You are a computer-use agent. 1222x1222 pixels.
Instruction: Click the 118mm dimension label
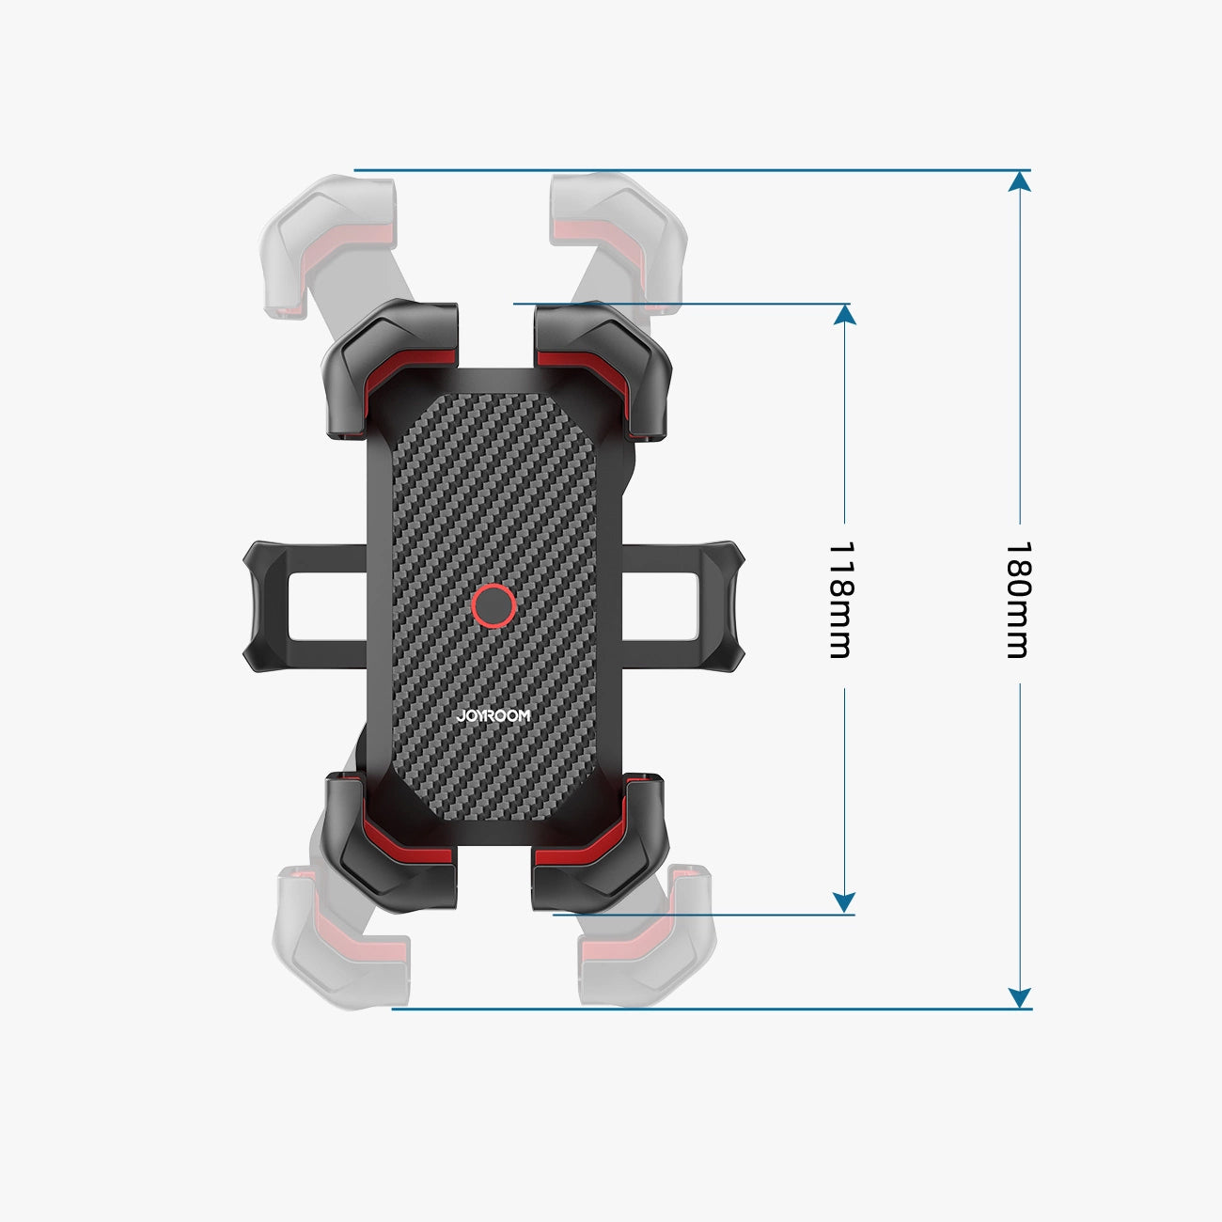click(839, 600)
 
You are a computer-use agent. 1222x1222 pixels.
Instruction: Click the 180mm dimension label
click(1018, 600)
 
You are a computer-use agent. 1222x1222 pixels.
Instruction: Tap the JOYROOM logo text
click(493, 715)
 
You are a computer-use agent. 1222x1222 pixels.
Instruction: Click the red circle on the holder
click(493, 606)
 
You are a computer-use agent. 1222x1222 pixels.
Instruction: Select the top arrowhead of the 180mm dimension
click(1019, 180)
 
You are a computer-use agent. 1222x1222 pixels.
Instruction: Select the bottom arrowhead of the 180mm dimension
click(1019, 998)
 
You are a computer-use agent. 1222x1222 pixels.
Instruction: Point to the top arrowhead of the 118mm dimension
click(844, 314)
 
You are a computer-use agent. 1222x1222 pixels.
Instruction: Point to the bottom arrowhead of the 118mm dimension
click(844, 902)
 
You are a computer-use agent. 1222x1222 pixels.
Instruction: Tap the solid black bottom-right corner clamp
click(602, 841)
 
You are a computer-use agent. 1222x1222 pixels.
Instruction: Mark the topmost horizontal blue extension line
click(686, 170)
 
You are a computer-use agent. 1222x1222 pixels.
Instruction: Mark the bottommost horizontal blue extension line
click(705, 1009)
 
